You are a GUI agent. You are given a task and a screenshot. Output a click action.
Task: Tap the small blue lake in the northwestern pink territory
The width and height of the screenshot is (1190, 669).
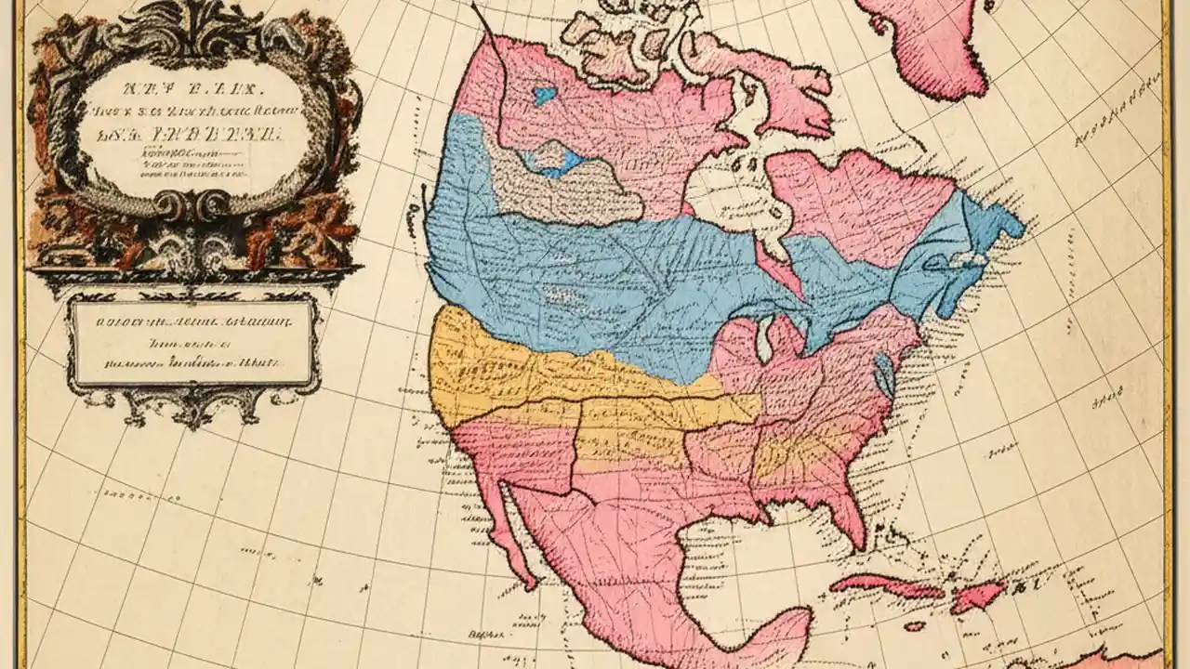pos(544,94)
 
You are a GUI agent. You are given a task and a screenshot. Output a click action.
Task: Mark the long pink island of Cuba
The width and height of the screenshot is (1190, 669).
pos(883,585)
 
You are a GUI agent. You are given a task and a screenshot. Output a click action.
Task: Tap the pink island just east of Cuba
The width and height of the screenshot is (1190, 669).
pos(976,593)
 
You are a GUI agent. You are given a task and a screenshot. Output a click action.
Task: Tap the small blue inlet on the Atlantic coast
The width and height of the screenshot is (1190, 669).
pos(884,376)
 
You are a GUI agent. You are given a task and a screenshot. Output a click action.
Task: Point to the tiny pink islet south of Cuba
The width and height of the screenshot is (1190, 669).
pos(916,625)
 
